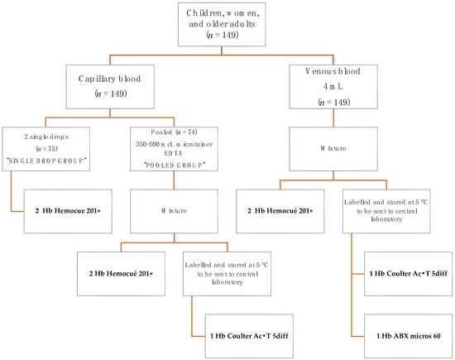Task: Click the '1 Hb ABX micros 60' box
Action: point(402,336)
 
